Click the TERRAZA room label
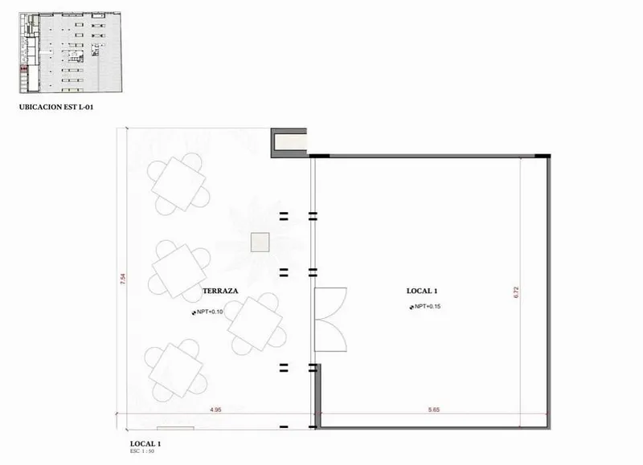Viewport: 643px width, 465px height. click(220, 291)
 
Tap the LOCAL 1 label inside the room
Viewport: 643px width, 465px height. click(422, 291)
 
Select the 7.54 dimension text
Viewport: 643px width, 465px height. click(123, 279)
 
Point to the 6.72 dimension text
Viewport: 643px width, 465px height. click(516, 292)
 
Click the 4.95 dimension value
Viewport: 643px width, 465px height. click(215, 410)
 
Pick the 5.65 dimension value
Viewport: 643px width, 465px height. click(434, 410)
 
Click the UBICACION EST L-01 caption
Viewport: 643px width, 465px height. click(56, 108)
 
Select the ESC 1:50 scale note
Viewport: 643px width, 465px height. click(142, 451)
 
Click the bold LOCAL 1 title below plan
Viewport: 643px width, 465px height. click(145, 443)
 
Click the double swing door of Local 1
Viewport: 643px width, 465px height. click(330, 320)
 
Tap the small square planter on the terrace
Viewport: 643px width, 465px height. click(260, 242)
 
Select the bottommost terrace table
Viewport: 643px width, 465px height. click(176, 370)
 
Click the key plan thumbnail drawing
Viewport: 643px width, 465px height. click(70, 52)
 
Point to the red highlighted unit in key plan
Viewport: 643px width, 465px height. click(24, 68)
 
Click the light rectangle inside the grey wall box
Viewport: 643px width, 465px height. click(290, 142)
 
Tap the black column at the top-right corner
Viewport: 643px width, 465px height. click(543, 156)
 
